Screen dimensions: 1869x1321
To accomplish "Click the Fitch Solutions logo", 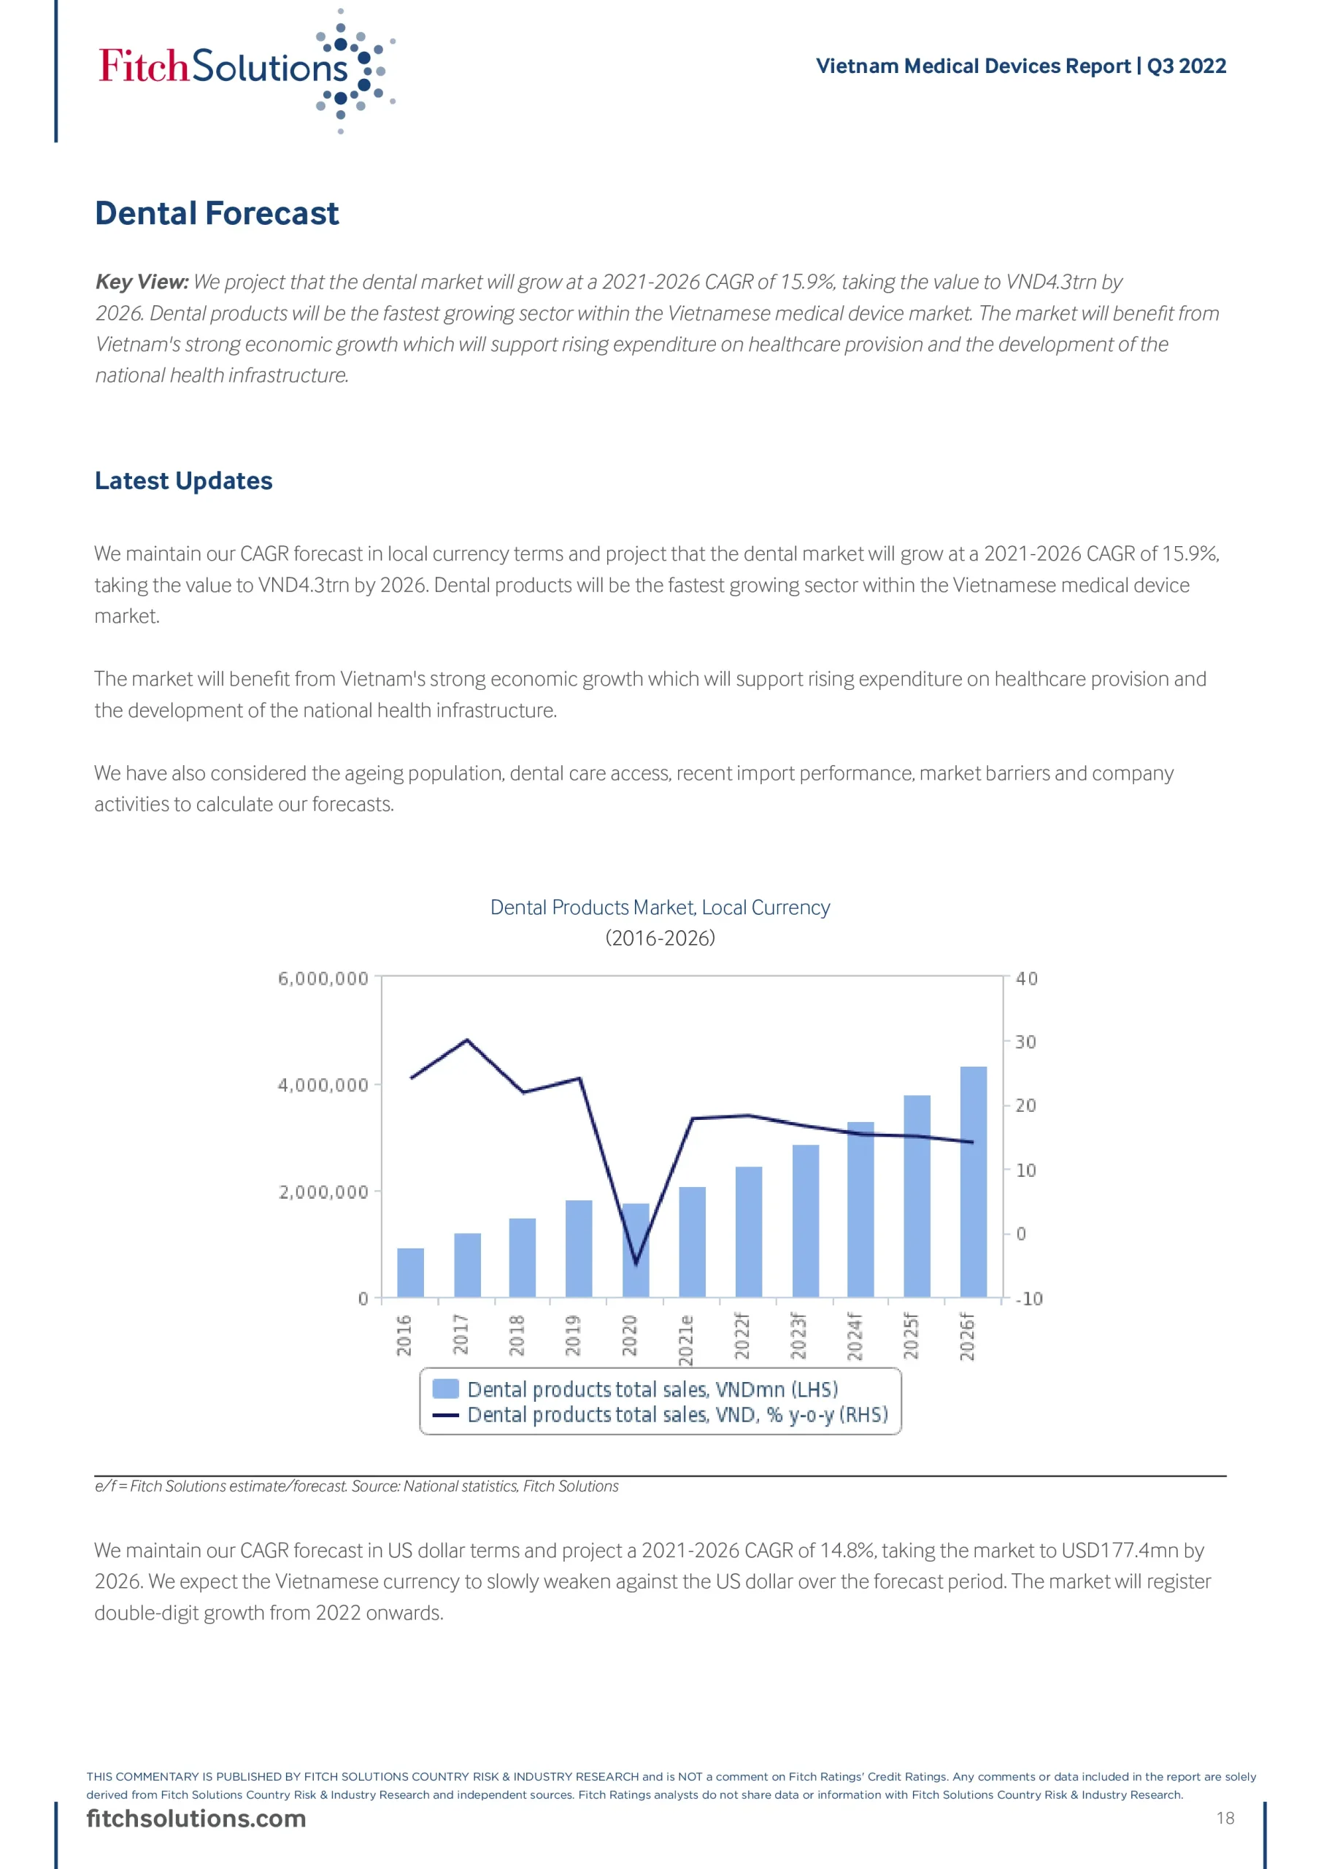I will click(x=244, y=69).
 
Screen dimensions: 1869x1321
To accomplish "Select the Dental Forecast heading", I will click(x=217, y=213).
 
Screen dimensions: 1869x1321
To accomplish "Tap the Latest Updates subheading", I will click(x=183, y=480).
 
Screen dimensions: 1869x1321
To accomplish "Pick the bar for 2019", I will click(x=579, y=1248).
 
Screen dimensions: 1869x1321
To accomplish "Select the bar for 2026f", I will click(x=974, y=1182).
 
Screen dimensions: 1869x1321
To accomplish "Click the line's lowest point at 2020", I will click(x=636, y=1263).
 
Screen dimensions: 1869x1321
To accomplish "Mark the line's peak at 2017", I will click(x=466, y=1040).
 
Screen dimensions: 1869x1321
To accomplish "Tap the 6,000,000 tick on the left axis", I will click(x=323, y=978).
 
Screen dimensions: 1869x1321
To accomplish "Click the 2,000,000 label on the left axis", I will click(x=323, y=1192).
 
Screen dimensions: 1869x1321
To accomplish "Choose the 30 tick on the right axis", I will click(x=1025, y=1042).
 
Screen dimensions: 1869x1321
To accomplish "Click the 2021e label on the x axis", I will click(x=686, y=1339).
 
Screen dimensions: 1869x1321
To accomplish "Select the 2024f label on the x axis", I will click(x=855, y=1337).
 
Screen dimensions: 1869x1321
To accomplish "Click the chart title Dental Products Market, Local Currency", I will click(x=660, y=907).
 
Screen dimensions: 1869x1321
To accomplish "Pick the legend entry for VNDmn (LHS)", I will click(x=651, y=1389).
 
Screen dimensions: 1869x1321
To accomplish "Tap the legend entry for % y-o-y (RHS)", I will click(x=677, y=1416).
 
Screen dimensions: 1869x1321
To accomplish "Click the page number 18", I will click(x=1225, y=1819).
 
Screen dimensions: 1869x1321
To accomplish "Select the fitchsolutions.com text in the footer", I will click(x=196, y=1819).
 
